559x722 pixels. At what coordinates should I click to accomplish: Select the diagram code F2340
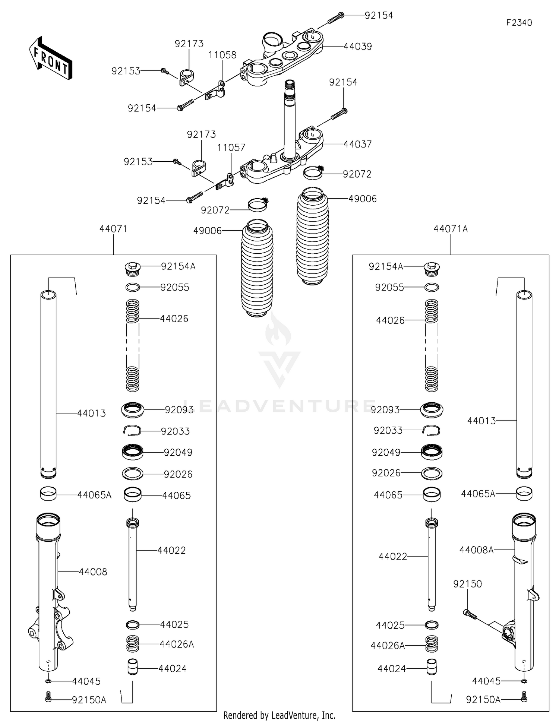coord(519,23)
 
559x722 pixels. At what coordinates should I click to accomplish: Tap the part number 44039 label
coord(357,47)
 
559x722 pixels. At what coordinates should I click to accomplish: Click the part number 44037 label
coord(357,144)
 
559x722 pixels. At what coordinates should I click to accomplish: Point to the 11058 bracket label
coord(222,55)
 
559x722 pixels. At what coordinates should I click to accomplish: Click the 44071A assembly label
coord(451,229)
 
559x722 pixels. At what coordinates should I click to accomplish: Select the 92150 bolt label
coord(467,584)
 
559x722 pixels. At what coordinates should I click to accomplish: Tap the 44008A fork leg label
coord(476,550)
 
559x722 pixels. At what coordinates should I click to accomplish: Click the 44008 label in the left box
coord(93,572)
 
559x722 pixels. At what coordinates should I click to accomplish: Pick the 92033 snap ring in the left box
coord(132,430)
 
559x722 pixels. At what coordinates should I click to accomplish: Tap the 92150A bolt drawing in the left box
coord(48,696)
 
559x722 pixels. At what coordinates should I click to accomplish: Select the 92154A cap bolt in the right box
coord(432,268)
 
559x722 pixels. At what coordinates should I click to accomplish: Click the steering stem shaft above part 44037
coord(290,119)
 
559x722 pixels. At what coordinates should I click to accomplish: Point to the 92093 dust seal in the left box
coord(133,409)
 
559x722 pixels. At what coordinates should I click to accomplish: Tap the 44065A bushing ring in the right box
coord(524,494)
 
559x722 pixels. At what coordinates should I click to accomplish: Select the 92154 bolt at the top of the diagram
coord(336,18)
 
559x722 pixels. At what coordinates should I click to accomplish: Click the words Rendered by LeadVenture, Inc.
coord(279,715)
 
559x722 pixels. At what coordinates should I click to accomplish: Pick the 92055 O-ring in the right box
coord(432,287)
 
